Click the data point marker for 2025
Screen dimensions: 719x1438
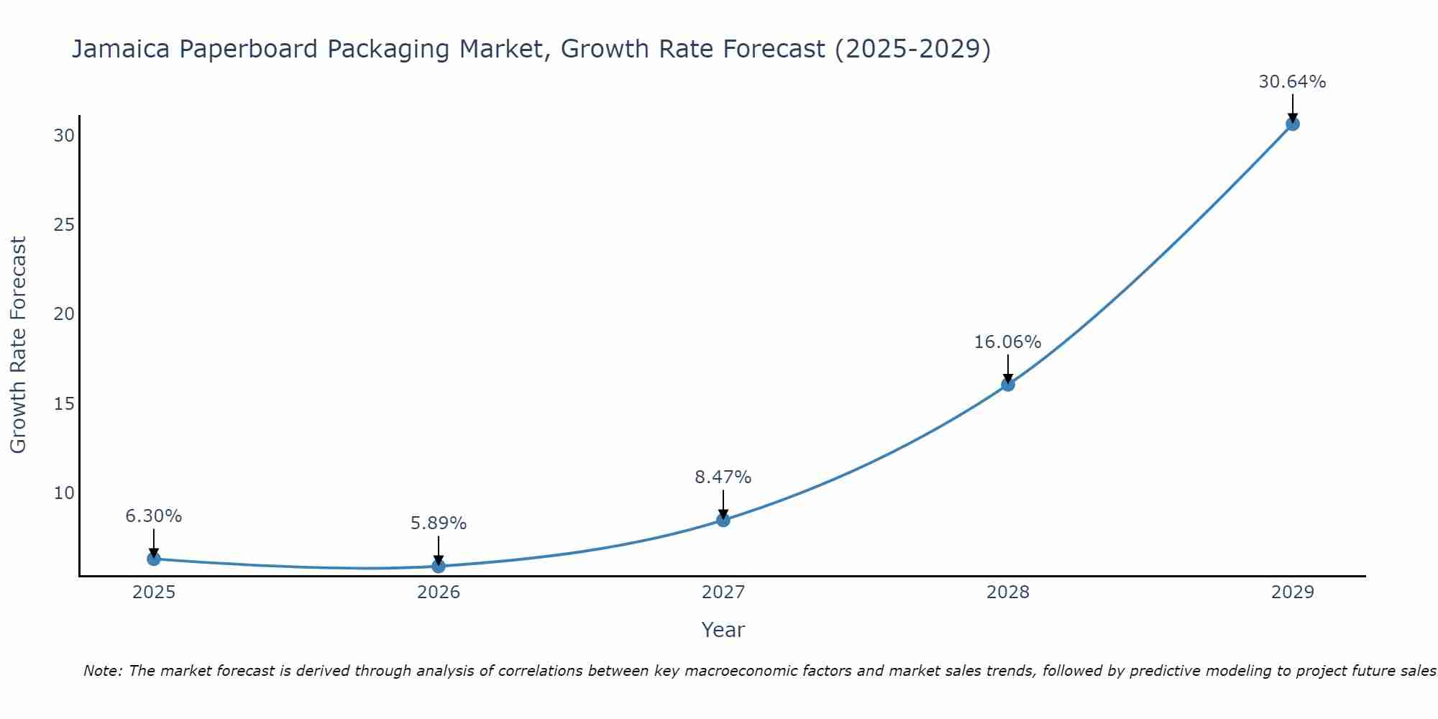click(x=153, y=559)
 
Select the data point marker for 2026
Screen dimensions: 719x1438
click(x=438, y=566)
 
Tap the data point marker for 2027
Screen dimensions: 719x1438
click(x=723, y=520)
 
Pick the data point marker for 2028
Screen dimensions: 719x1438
click(x=1007, y=385)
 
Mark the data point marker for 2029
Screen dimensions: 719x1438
click(x=1292, y=124)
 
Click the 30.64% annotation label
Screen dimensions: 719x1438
click(x=1292, y=82)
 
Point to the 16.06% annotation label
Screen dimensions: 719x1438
click(x=1007, y=342)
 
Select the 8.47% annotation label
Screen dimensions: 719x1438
click(x=723, y=477)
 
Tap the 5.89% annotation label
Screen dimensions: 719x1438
click(x=438, y=523)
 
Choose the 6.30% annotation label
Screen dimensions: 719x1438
click(x=153, y=516)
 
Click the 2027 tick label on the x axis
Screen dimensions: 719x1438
click(x=723, y=592)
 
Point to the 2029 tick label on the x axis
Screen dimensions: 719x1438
click(x=1292, y=592)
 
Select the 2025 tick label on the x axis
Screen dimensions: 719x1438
click(x=153, y=592)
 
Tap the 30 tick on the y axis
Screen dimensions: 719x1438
click(x=64, y=136)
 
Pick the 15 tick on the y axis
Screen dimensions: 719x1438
click(x=64, y=403)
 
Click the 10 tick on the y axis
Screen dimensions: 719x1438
click(x=64, y=493)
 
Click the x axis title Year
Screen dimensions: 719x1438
click(x=723, y=630)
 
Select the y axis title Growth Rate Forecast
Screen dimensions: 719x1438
click(x=18, y=345)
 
